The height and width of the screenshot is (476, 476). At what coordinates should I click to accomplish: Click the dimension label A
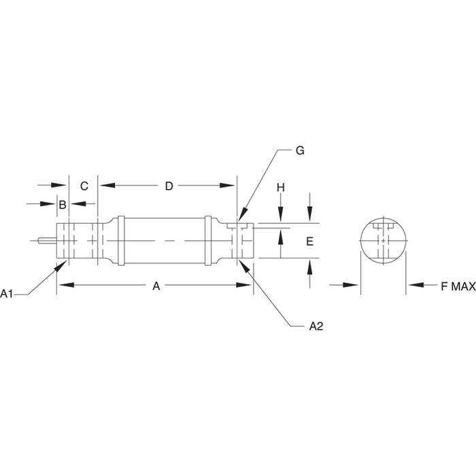point(156,286)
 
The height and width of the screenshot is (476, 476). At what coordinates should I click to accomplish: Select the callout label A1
point(7,294)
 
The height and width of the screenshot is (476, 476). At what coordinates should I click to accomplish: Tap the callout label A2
point(316,326)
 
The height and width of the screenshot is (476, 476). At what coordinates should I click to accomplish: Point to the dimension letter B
point(63,205)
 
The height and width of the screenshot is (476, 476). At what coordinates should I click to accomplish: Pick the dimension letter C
point(84,186)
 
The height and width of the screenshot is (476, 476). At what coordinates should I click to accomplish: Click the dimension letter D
point(169,186)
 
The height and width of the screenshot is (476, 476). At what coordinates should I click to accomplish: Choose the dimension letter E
point(309,241)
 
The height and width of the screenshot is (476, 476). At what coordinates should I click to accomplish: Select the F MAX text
point(458,286)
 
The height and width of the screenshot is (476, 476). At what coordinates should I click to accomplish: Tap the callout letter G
point(300,150)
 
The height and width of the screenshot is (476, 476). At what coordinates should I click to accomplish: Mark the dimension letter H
point(281,188)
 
